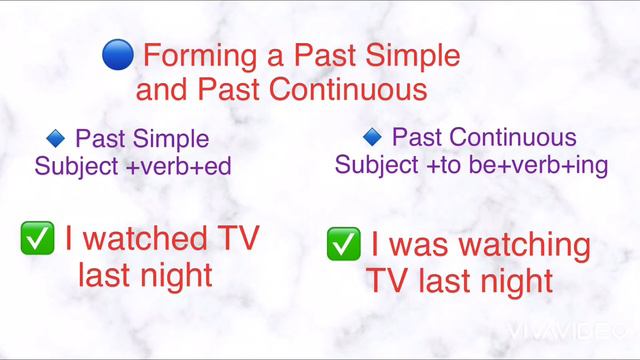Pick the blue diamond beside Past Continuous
coord(372,135)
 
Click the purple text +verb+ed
coord(179,166)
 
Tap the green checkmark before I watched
coord(37,238)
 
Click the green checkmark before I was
coord(344,243)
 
